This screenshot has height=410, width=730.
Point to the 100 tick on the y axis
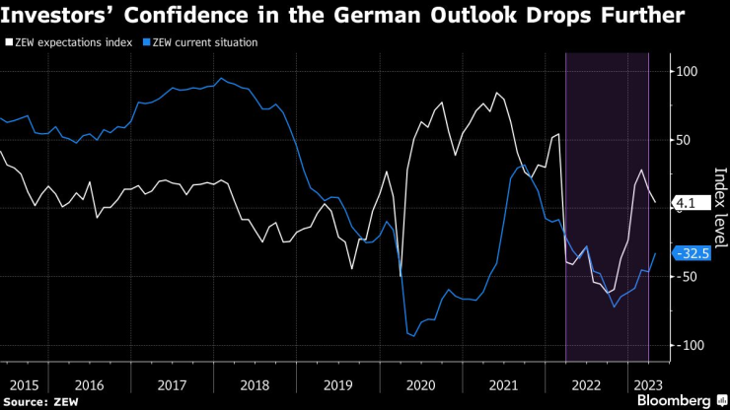[685, 72]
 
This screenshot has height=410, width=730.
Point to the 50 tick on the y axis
[682, 140]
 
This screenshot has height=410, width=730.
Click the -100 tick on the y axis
[686, 345]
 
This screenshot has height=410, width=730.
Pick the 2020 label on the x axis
[421, 385]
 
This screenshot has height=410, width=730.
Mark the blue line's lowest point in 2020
[413, 336]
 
